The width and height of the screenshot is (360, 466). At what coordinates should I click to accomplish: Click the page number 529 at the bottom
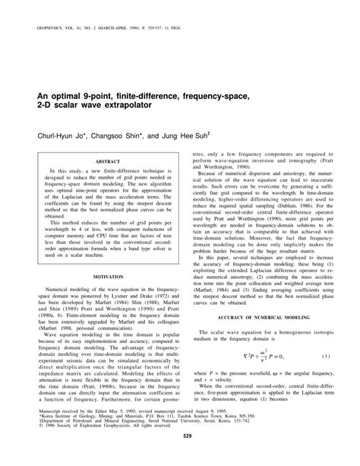tap(180, 445)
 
